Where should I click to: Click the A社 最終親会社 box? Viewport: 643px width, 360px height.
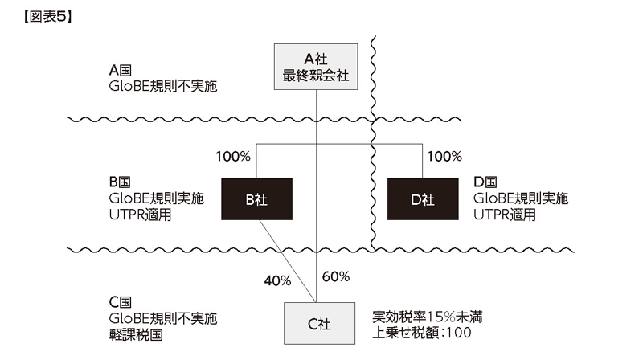pyautogui.click(x=316, y=67)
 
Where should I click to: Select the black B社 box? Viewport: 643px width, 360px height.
pyautogui.click(x=256, y=198)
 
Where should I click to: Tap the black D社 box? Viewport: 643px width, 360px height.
pyautogui.click(x=423, y=198)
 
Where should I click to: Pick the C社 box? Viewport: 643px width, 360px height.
pyautogui.click(x=319, y=324)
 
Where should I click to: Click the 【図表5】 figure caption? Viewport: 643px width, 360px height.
pyautogui.click(x=47, y=17)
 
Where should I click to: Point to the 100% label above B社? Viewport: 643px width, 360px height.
pyautogui.click(x=233, y=156)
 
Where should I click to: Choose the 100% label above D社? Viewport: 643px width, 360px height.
pyautogui.click(x=444, y=156)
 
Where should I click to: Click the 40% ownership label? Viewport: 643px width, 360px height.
pyautogui.click(x=277, y=281)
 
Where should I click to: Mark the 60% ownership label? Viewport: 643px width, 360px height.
pyautogui.click(x=336, y=276)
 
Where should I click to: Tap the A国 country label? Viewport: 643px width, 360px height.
pyautogui.click(x=120, y=71)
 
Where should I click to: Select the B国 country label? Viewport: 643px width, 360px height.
pyautogui.click(x=120, y=182)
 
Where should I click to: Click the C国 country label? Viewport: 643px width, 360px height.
pyautogui.click(x=120, y=302)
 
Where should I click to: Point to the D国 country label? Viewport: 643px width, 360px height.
pyautogui.click(x=485, y=182)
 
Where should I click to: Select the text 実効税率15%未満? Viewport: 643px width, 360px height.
pyautogui.click(x=428, y=317)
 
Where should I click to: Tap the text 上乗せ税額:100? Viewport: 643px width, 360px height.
pyautogui.click(x=422, y=333)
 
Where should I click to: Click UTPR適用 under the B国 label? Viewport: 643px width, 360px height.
pyautogui.click(x=140, y=215)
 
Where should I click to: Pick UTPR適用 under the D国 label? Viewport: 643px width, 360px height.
pyautogui.click(x=505, y=215)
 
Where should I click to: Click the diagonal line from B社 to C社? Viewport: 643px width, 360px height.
pyautogui.click(x=288, y=261)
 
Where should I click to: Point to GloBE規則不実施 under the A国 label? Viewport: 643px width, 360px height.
pyautogui.click(x=163, y=87)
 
